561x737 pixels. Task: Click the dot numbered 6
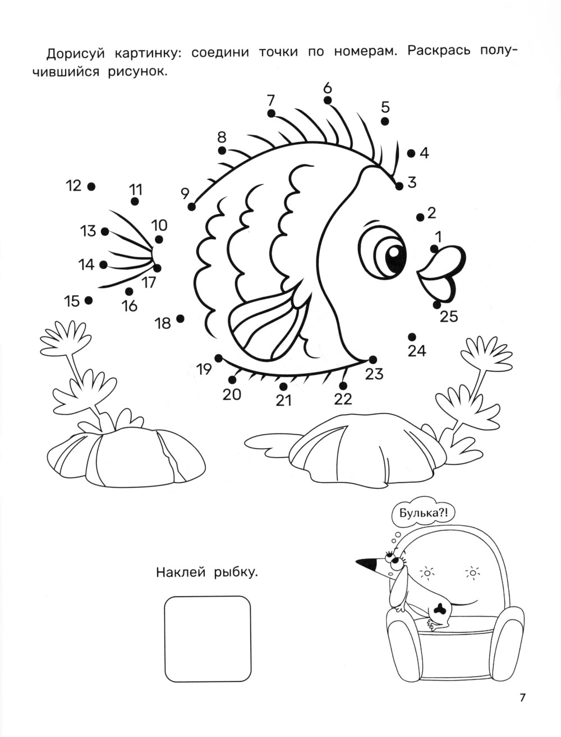pyautogui.click(x=328, y=100)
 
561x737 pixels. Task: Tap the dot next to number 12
pyautogui.click(x=91, y=186)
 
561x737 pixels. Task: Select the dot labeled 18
pyautogui.click(x=180, y=318)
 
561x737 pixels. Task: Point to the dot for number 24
pyautogui.click(x=412, y=337)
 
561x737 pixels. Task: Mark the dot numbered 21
pyautogui.click(x=283, y=387)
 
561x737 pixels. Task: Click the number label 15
pyautogui.click(x=72, y=301)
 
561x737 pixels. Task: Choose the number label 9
pyautogui.click(x=185, y=194)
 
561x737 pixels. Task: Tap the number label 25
pyautogui.click(x=449, y=316)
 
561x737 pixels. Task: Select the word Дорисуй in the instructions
pyautogui.click(x=76, y=54)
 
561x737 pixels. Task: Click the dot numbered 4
pyautogui.click(x=411, y=153)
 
